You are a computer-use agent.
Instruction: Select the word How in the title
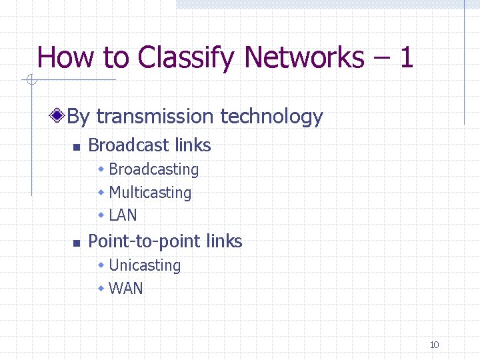tap(66, 57)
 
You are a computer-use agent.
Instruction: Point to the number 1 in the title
tap(405, 57)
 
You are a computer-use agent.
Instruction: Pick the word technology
tap(271, 117)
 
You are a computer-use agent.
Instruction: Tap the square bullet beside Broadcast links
tap(76, 147)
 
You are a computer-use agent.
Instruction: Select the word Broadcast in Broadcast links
tap(125, 145)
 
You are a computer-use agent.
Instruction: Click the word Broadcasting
tap(153, 170)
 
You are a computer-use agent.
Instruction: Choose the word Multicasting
tap(149, 193)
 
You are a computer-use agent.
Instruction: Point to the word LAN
tap(123, 215)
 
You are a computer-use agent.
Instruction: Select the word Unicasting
tap(145, 265)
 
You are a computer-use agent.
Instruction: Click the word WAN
tap(125, 289)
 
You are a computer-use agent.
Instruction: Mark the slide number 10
tap(434, 345)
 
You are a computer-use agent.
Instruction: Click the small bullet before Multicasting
tap(101, 193)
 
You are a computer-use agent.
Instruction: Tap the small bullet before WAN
tap(101, 289)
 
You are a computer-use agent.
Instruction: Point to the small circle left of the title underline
tap(30, 80)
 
